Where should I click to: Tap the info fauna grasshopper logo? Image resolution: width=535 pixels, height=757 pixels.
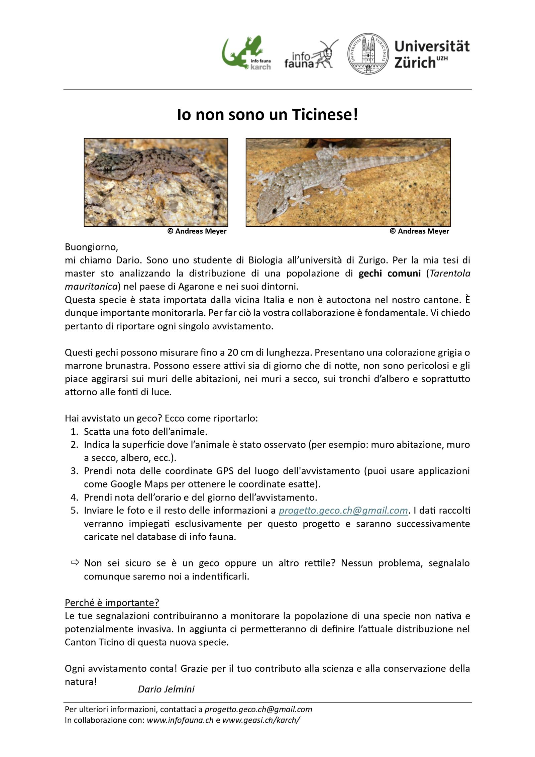coord(311,55)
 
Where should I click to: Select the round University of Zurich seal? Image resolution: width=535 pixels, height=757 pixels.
coord(368,53)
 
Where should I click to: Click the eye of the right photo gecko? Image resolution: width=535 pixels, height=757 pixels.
coord(274,211)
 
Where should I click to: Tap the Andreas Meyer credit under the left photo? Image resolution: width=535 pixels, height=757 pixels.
coord(197,231)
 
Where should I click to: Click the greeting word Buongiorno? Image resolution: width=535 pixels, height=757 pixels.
coord(91,247)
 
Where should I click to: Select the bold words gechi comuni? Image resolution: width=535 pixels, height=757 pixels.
coord(389,274)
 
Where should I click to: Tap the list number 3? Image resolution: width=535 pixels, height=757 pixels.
coord(74,471)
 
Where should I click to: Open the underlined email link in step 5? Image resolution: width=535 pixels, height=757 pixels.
coord(343,511)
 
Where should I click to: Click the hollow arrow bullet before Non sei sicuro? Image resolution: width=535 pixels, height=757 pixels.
coord(75,563)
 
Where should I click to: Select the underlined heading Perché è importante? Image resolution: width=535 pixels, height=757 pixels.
coord(112,603)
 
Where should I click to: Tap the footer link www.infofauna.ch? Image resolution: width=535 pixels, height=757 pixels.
coord(180,720)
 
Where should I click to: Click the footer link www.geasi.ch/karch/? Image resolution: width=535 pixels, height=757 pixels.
coord(261,720)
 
